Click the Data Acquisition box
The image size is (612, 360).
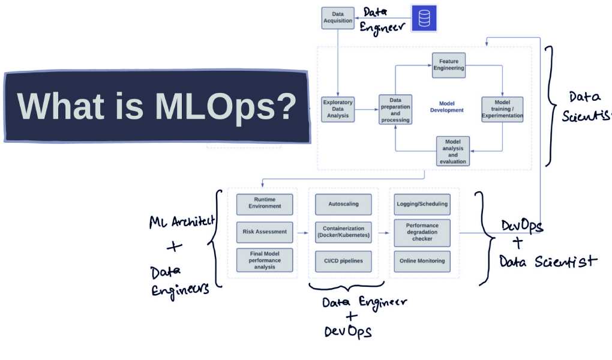pyautogui.click(x=338, y=17)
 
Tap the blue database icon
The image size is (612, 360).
pyautogui.click(x=424, y=18)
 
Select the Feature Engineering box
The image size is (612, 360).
pyautogui.click(x=449, y=65)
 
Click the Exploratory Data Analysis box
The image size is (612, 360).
pyautogui.click(x=338, y=109)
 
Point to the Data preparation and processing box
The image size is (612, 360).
pyautogui.click(x=395, y=110)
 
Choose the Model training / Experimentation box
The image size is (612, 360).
pyautogui.click(x=502, y=110)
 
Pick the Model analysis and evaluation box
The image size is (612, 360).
pyautogui.click(x=452, y=151)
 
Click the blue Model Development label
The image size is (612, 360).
pyautogui.click(x=447, y=107)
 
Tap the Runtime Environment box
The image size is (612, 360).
pyautogui.click(x=264, y=204)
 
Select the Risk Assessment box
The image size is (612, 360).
pyautogui.click(x=264, y=232)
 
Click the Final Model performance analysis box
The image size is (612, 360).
pyautogui.click(x=264, y=260)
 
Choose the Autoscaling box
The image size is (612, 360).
pyautogui.click(x=343, y=204)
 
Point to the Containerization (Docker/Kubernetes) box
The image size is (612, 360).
pyautogui.click(x=343, y=232)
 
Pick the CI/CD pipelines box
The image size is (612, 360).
pyautogui.click(x=343, y=261)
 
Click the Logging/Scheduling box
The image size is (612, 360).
pyautogui.click(x=422, y=204)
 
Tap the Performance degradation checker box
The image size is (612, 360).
pyautogui.click(x=422, y=232)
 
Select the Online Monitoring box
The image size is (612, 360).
pyautogui.click(x=422, y=261)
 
